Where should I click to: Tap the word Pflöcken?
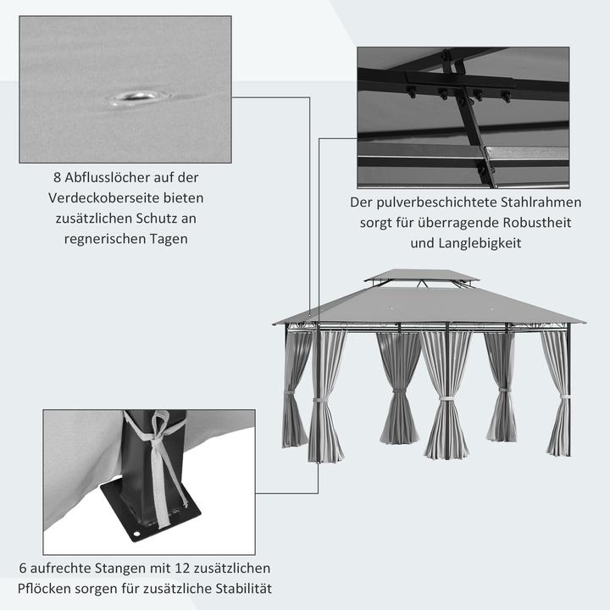pos(44,589)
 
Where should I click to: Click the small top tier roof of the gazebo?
pos(421,276)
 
